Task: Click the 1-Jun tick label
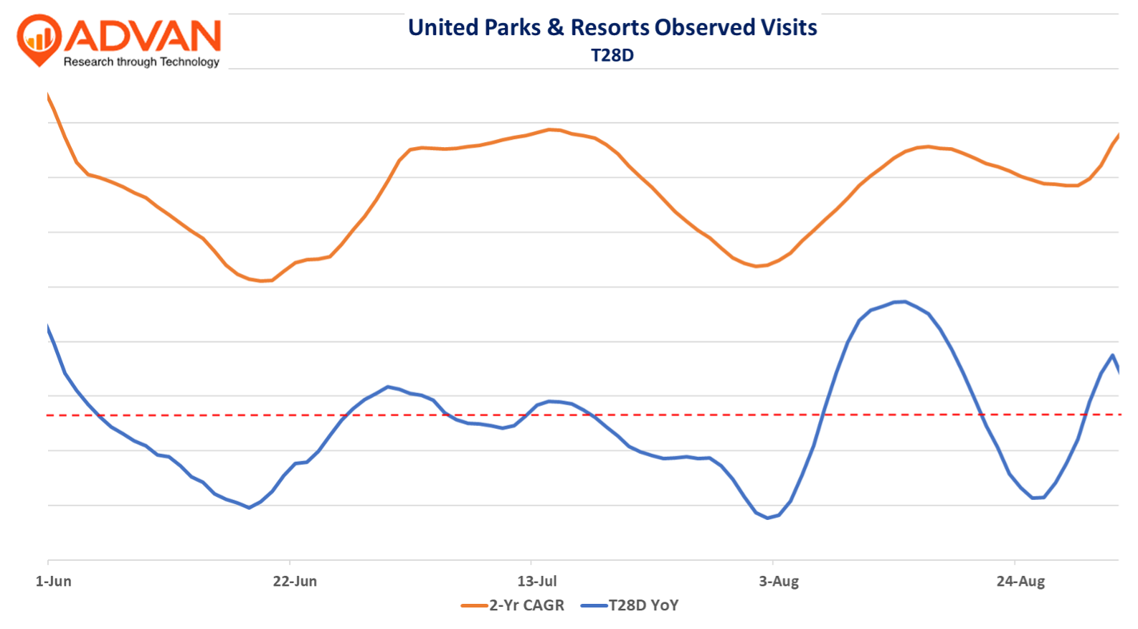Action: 53,581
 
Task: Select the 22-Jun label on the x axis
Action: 295,581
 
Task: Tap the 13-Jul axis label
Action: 537,581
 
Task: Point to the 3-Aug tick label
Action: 779,581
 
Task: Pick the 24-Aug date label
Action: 1020,581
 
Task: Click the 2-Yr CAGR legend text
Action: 526,605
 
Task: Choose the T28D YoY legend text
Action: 643,605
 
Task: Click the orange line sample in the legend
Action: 474,606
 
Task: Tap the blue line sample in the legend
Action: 594,606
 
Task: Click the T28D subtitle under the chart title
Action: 612,55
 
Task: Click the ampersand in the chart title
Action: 555,27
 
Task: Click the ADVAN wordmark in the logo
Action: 147,36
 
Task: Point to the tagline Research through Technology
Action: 141,62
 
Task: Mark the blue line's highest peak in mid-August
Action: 905,301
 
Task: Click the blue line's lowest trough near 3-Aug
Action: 767,518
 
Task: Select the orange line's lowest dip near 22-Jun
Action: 262,280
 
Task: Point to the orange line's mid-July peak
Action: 549,129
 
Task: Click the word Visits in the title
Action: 789,27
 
